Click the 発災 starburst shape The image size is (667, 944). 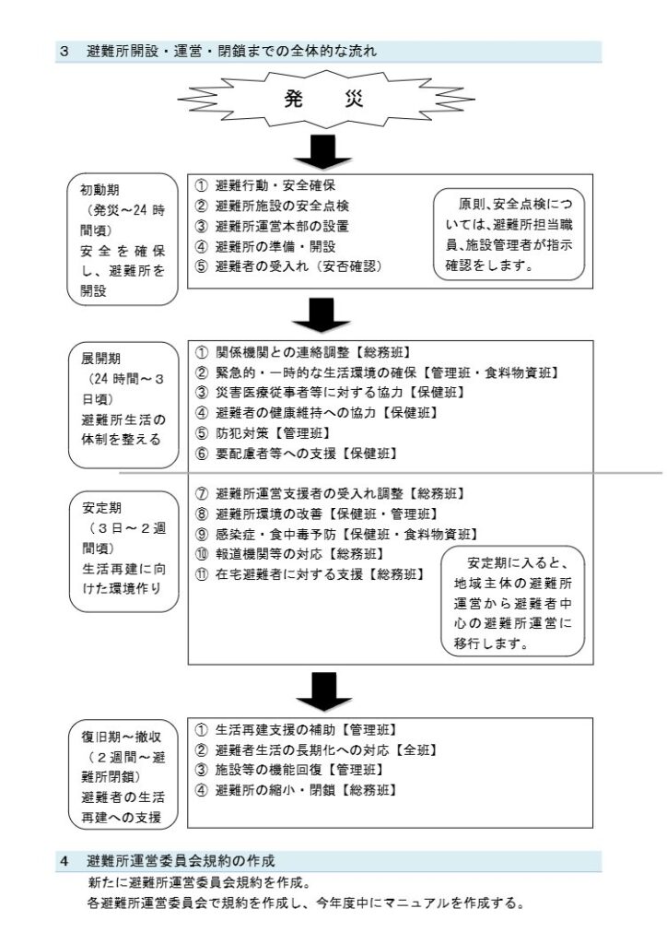coord(325,100)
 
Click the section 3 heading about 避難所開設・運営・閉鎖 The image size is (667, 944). coord(218,52)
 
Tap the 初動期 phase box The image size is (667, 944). coord(123,240)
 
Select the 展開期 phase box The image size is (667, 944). coord(123,406)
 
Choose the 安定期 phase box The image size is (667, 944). coord(123,551)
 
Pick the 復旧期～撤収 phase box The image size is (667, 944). coord(123,776)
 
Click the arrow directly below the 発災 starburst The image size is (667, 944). coord(323,152)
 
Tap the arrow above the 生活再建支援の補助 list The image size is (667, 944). coord(324,691)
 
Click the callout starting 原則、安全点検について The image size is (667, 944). coord(509,235)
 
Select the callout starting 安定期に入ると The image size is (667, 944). coord(513,602)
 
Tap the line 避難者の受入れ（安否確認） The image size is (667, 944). coord(288,266)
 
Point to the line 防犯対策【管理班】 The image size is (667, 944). coord(263,433)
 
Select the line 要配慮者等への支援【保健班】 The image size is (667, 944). coord(297,454)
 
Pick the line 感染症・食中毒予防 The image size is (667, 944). coord(337,534)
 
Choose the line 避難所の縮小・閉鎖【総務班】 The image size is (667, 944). coord(297,790)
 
